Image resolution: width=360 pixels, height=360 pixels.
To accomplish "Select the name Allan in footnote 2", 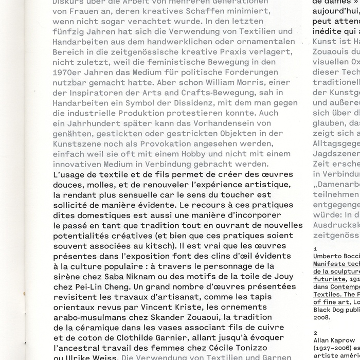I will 322,340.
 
